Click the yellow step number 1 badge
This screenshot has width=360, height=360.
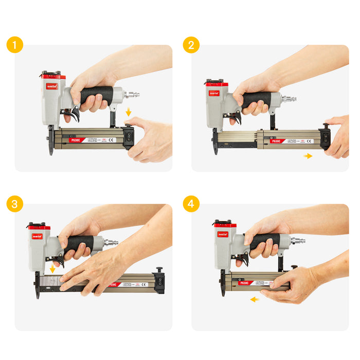[15, 45]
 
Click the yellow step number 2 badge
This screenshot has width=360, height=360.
[191, 45]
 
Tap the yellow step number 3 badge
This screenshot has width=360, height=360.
[15, 204]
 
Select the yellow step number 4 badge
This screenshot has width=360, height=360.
[191, 204]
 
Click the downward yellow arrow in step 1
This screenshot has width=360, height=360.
[129, 112]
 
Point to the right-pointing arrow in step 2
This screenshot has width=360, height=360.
[308, 155]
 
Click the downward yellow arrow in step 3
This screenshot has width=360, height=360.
[52, 269]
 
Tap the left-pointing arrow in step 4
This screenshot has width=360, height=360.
[255, 299]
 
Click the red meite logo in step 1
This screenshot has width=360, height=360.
[51, 86]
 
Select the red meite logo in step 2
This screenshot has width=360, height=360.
[214, 93]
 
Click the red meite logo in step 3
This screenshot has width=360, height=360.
[37, 237]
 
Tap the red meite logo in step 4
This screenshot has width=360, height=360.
[223, 235]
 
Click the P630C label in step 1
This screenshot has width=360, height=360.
[76, 140]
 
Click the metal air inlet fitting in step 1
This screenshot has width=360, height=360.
[132, 95]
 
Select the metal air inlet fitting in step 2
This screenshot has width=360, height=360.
[289, 99]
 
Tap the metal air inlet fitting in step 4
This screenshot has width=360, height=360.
[298, 240]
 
